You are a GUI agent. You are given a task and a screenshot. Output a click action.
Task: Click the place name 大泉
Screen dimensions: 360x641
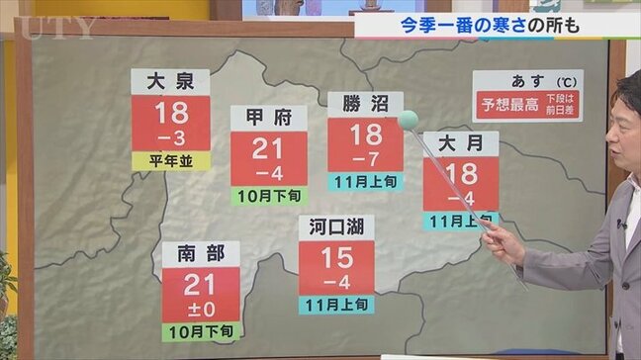(x=170, y=81)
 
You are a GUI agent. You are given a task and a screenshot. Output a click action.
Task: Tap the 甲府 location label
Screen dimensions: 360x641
(x=268, y=117)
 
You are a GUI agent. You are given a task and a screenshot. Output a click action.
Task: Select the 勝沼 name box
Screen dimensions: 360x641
(x=365, y=103)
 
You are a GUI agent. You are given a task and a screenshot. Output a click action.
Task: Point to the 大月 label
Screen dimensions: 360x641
(x=460, y=142)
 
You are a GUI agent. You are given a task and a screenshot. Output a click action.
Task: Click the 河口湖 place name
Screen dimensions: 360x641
(x=336, y=226)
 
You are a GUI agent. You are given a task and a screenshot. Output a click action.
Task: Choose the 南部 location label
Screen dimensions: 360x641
(x=202, y=253)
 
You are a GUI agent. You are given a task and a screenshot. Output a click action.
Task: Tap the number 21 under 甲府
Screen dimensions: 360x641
(x=268, y=148)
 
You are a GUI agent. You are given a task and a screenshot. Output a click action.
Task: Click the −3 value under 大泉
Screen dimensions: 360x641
(x=170, y=136)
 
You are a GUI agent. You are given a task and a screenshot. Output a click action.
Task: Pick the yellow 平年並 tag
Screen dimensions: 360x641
(x=170, y=161)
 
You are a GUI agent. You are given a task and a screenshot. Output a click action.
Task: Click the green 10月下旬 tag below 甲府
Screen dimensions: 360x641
(x=268, y=196)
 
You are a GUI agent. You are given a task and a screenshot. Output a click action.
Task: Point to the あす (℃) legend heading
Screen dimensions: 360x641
(x=527, y=80)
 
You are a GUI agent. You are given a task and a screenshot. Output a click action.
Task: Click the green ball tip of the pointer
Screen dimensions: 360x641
(x=408, y=120)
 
